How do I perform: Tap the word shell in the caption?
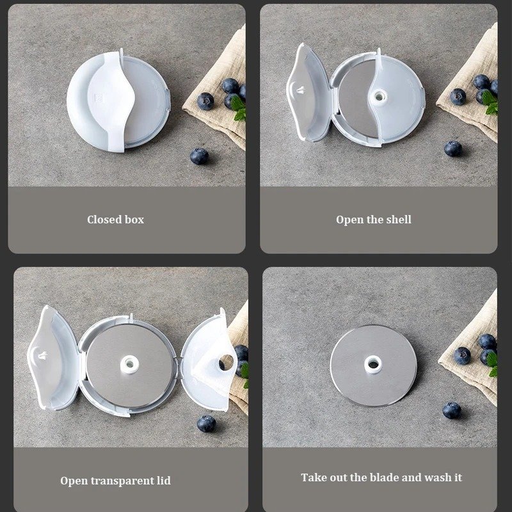coord(397,220)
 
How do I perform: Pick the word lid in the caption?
coord(163,480)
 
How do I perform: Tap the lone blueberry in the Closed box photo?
coord(199,156)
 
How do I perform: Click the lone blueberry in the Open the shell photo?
coord(453,148)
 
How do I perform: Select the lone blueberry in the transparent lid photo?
coord(206,423)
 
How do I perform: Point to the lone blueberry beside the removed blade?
coord(452,410)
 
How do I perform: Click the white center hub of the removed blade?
coord(373,365)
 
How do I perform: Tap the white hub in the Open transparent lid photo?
coord(130,364)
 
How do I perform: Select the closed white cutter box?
coord(119,102)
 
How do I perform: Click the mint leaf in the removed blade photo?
coord(492,363)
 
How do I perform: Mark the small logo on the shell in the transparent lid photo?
coord(47,350)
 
